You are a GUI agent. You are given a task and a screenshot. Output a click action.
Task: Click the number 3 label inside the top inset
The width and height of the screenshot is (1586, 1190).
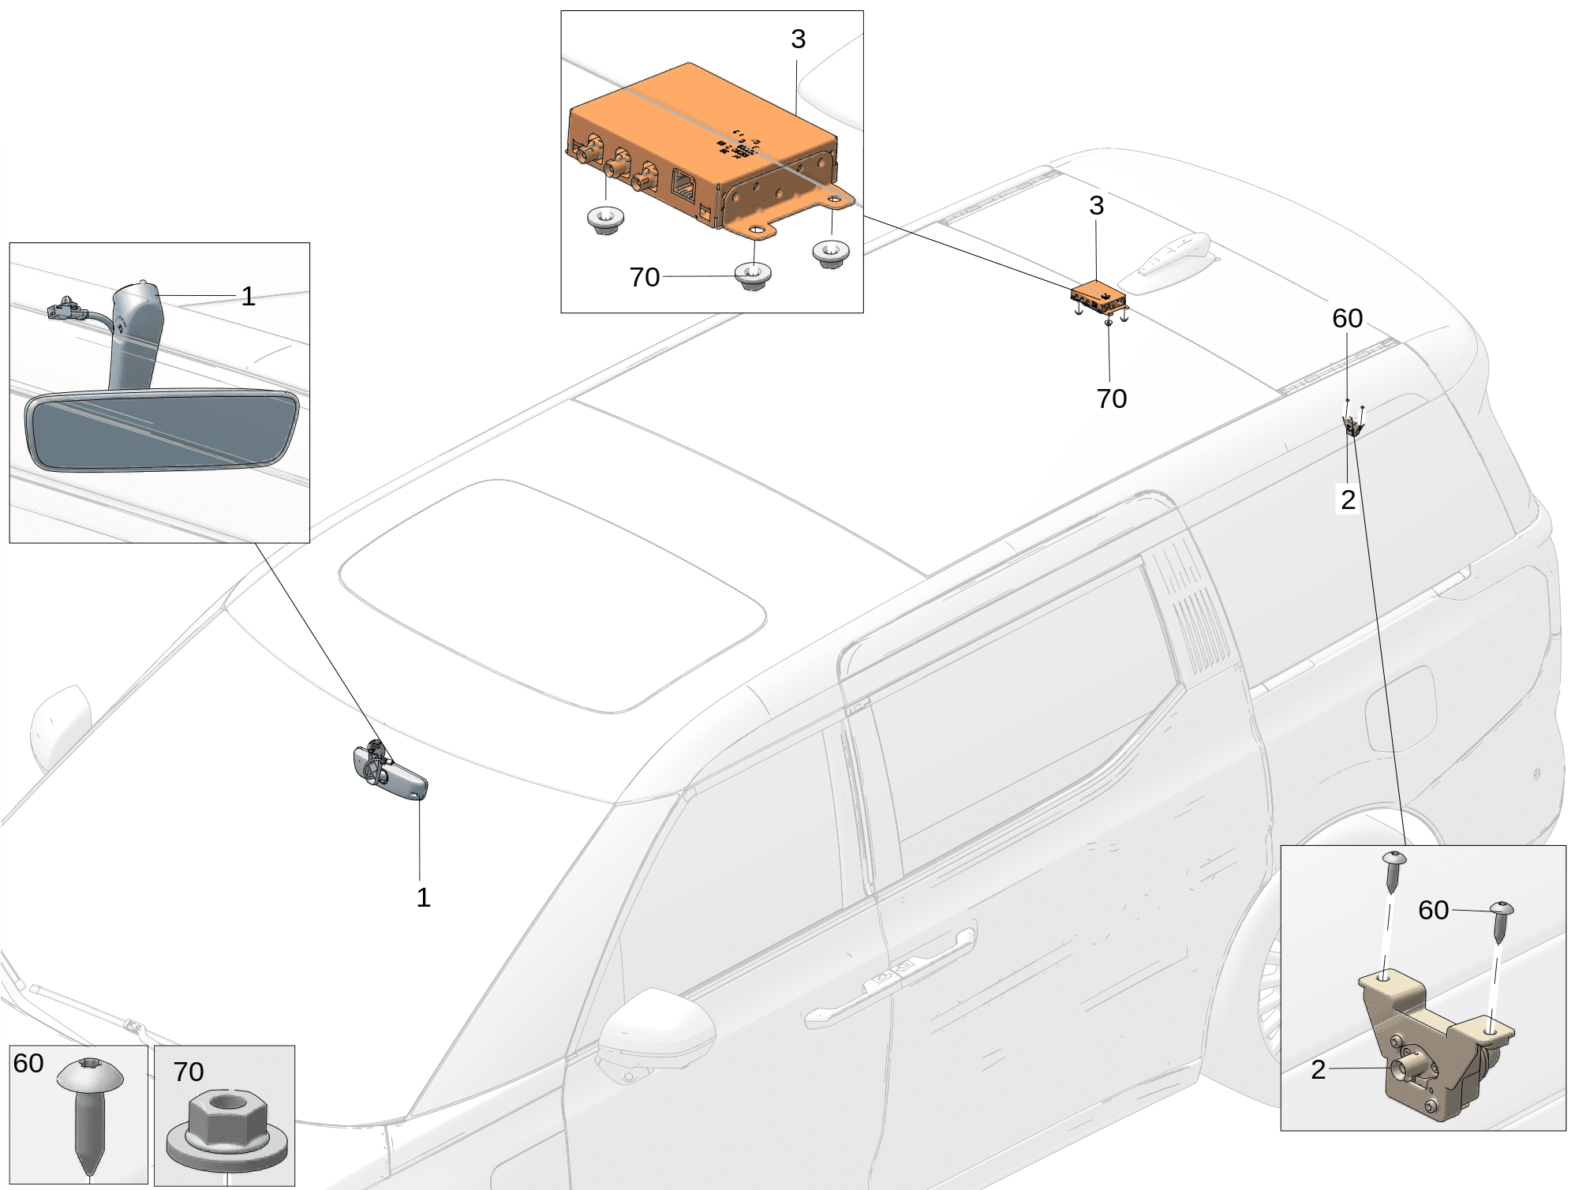pyautogui.click(x=798, y=39)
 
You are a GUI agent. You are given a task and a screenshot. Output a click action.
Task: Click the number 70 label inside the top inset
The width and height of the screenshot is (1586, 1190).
pyautogui.click(x=645, y=277)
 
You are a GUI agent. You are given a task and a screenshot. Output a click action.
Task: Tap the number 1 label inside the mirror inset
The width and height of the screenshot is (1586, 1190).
pyautogui.click(x=248, y=297)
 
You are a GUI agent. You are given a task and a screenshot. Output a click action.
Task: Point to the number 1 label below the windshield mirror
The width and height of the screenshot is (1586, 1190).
pyautogui.click(x=424, y=897)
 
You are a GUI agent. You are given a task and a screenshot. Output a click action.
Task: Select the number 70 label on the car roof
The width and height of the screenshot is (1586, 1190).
pyautogui.click(x=1111, y=399)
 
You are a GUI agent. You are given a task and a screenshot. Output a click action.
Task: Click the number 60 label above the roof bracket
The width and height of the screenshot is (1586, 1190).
pyautogui.click(x=1347, y=318)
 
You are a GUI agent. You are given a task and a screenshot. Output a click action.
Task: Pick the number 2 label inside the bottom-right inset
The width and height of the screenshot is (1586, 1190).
pyautogui.click(x=1318, y=1070)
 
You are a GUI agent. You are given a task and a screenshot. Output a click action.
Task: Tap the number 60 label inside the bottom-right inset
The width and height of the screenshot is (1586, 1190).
pyautogui.click(x=1433, y=910)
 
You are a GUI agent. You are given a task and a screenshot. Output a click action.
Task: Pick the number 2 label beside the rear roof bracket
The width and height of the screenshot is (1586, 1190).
pyautogui.click(x=1348, y=500)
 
